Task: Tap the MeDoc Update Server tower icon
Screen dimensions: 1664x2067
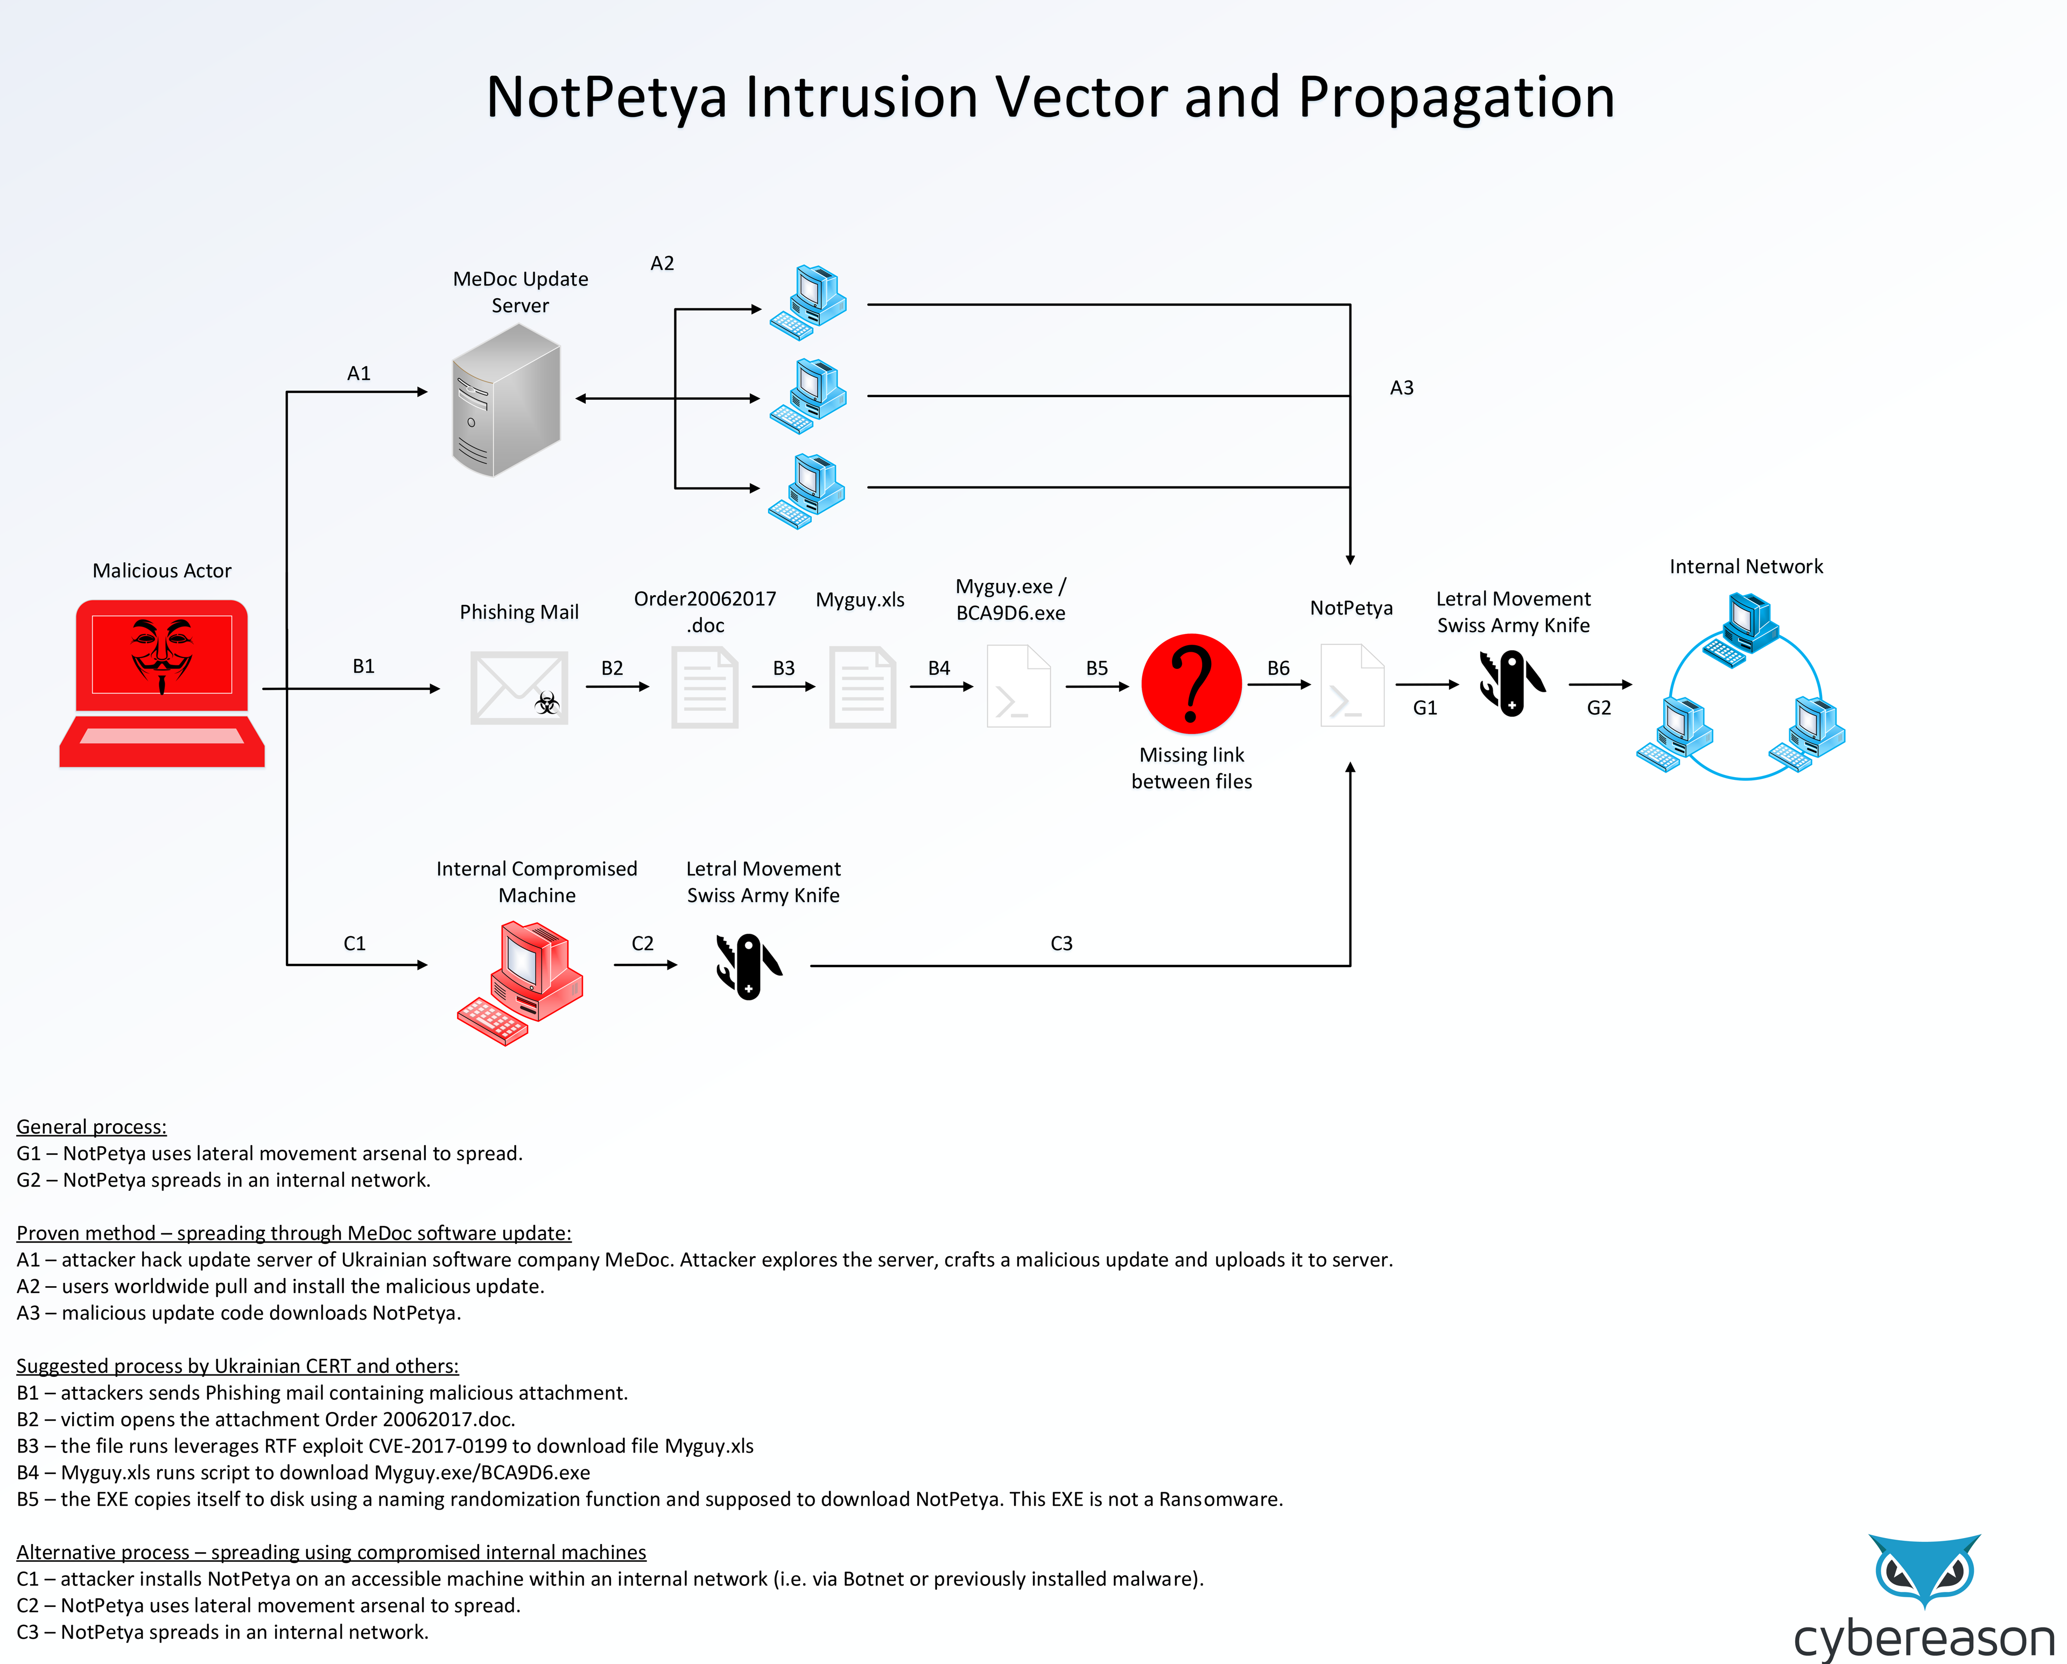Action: [506, 400]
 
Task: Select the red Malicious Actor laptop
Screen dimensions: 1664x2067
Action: [162, 682]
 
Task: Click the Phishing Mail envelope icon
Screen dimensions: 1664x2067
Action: [519, 687]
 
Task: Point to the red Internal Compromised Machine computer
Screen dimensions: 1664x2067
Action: [521, 983]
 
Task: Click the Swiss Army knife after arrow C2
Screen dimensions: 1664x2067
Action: [749, 966]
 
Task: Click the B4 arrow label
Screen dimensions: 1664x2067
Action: [939, 668]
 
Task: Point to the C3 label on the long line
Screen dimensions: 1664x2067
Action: [1061, 943]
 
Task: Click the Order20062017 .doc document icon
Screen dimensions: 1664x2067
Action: [705, 687]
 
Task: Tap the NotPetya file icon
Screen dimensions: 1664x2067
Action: [1352, 685]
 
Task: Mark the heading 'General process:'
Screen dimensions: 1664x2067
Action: [91, 1126]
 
